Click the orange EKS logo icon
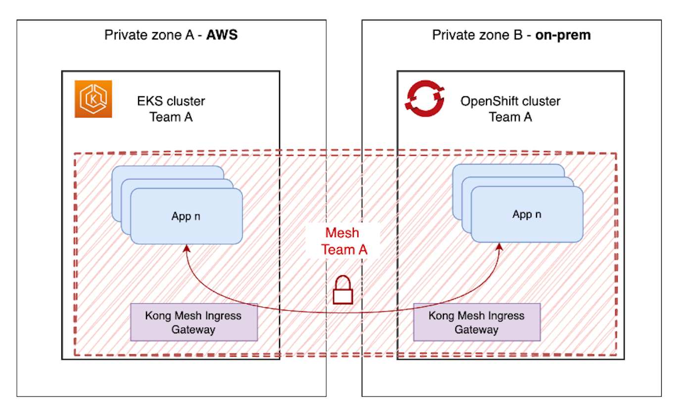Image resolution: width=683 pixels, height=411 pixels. click(93, 99)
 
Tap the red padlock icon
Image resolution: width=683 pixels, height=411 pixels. click(342, 290)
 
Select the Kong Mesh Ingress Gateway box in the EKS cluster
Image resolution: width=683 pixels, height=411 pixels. click(194, 322)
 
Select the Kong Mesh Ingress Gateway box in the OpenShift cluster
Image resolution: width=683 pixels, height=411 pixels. click(477, 322)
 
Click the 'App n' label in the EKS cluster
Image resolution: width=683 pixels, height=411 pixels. click(186, 216)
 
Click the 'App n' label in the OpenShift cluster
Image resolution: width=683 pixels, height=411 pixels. click(527, 214)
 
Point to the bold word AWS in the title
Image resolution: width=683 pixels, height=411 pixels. click(222, 36)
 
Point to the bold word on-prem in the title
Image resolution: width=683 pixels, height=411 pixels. click(563, 36)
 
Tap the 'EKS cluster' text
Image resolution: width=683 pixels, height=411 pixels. click(171, 101)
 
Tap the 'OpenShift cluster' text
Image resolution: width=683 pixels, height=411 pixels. click(511, 101)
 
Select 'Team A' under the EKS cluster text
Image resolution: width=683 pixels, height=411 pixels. click(171, 117)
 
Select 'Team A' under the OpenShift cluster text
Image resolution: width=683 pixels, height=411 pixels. click(511, 117)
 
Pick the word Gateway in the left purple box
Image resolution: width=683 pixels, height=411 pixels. click(194, 329)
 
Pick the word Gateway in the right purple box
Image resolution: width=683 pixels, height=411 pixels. click(477, 329)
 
